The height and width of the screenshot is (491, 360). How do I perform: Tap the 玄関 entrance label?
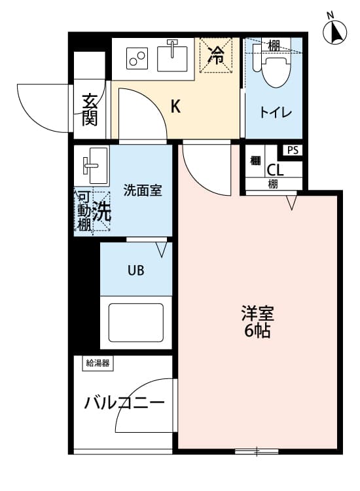(90, 109)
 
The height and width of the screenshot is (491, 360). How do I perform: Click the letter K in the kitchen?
(175, 107)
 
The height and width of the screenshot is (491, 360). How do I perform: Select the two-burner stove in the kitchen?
(138, 58)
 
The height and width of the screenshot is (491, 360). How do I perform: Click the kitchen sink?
(173, 56)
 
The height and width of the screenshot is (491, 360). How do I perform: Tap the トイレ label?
(276, 113)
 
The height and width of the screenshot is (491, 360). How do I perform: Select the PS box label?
(293, 150)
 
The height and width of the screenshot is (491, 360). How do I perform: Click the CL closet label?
(275, 170)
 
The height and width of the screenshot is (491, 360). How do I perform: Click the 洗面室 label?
(143, 191)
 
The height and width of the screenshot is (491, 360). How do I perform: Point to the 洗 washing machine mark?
(101, 211)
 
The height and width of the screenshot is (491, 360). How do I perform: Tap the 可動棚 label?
(84, 211)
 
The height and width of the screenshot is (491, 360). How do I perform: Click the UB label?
(136, 270)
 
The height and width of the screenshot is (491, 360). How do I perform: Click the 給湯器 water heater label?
(97, 363)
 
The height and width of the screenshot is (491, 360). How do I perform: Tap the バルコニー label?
(124, 403)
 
